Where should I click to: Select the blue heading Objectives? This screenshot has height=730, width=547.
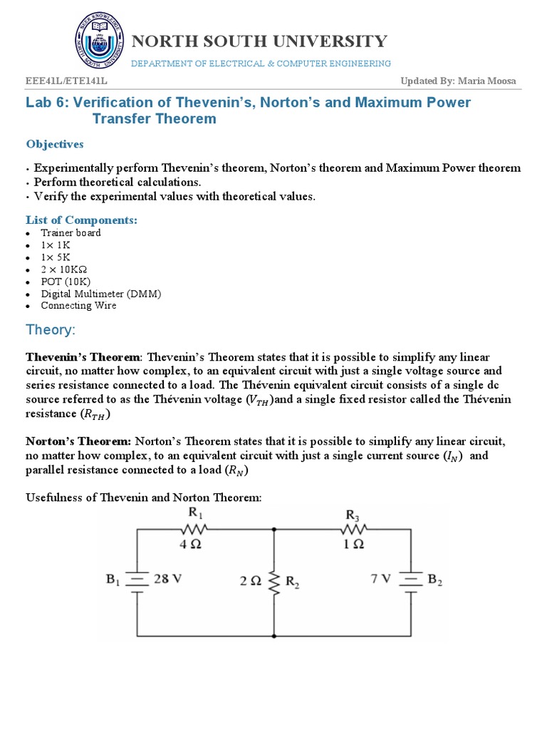[55, 144]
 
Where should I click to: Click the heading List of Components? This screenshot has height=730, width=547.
[82, 220]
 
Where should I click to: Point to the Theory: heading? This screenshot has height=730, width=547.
[51, 329]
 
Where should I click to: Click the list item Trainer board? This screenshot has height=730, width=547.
[71, 232]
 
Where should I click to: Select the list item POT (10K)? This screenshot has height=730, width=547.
[66, 281]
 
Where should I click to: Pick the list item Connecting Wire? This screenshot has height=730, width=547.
[78, 305]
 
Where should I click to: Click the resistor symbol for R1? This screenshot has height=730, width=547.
[193, 529]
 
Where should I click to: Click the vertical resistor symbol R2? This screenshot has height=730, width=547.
[275, 581]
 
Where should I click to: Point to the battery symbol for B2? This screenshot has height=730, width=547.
[410, 580]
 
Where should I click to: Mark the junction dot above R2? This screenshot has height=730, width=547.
[275, 529]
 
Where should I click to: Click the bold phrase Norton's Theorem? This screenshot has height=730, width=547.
[79, 441]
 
